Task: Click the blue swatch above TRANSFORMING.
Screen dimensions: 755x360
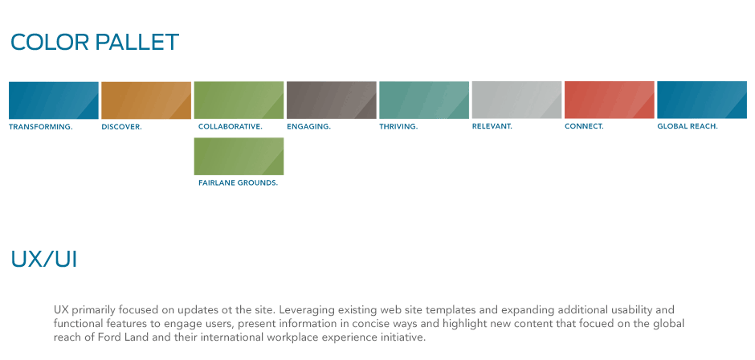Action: pos(54,100)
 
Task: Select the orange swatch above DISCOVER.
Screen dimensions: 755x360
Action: pos(146,100)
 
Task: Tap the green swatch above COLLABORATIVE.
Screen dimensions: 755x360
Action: pos(239,100)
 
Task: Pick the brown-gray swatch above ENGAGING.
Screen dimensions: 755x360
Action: pos(331,100)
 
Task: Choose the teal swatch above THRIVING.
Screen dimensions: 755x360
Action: pos(424,100)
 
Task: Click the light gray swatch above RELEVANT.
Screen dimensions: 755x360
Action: pos(516,100)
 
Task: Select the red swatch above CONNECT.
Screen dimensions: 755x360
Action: pos(609,100)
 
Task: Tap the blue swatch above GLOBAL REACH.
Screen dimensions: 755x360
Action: pos(702,100)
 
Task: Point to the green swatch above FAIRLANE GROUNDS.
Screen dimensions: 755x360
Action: pos(239,156)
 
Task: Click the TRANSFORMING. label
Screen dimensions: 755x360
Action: pos(41,127)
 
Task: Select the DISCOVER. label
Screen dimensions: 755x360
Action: pos(122,127)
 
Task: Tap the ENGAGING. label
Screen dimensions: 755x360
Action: pos(308,127)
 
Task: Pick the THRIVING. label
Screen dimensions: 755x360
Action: pos(398,127)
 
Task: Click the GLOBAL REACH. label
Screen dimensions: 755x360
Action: pos(688,127)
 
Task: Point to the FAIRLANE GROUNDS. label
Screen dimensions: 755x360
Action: pos(239,183)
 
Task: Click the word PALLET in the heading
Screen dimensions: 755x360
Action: pos(137,43)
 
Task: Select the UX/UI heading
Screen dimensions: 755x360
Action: pos(44,260)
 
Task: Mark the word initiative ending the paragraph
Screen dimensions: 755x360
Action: pos(403,337)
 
